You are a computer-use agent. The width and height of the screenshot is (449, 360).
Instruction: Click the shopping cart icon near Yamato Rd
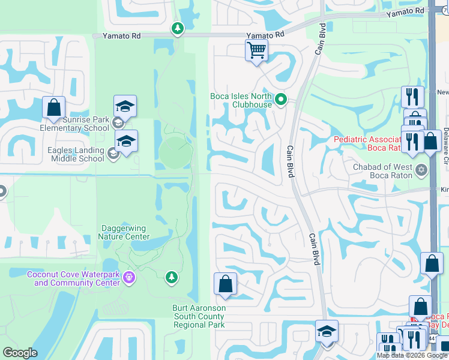(x=256, y=50)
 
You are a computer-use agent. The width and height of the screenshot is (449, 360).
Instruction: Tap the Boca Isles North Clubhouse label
(x=241, y=100)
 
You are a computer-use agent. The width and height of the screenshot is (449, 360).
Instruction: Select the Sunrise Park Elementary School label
(x=75, y=124)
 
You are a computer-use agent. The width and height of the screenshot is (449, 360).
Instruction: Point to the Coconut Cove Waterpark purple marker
(x=130, y=277)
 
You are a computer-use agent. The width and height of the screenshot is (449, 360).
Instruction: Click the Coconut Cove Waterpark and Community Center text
(x=73, y=278)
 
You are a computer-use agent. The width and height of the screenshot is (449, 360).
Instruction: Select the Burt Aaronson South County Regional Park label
(x=199, y=316)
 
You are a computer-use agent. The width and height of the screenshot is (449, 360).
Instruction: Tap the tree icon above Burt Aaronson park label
(x=172, y=277)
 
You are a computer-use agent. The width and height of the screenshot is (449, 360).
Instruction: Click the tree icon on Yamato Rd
(x=177, y=28)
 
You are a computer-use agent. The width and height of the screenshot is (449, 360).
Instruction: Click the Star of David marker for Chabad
(x=421, y=170)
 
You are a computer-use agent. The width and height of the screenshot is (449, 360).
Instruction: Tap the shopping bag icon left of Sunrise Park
(x=53, y=108)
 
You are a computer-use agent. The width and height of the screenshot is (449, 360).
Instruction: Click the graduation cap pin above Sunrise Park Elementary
(x=125, y=106)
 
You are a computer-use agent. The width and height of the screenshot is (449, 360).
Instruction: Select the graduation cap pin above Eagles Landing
(x=127, y=141)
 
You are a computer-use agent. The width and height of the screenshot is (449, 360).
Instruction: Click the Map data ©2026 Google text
(x=412, y=355)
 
